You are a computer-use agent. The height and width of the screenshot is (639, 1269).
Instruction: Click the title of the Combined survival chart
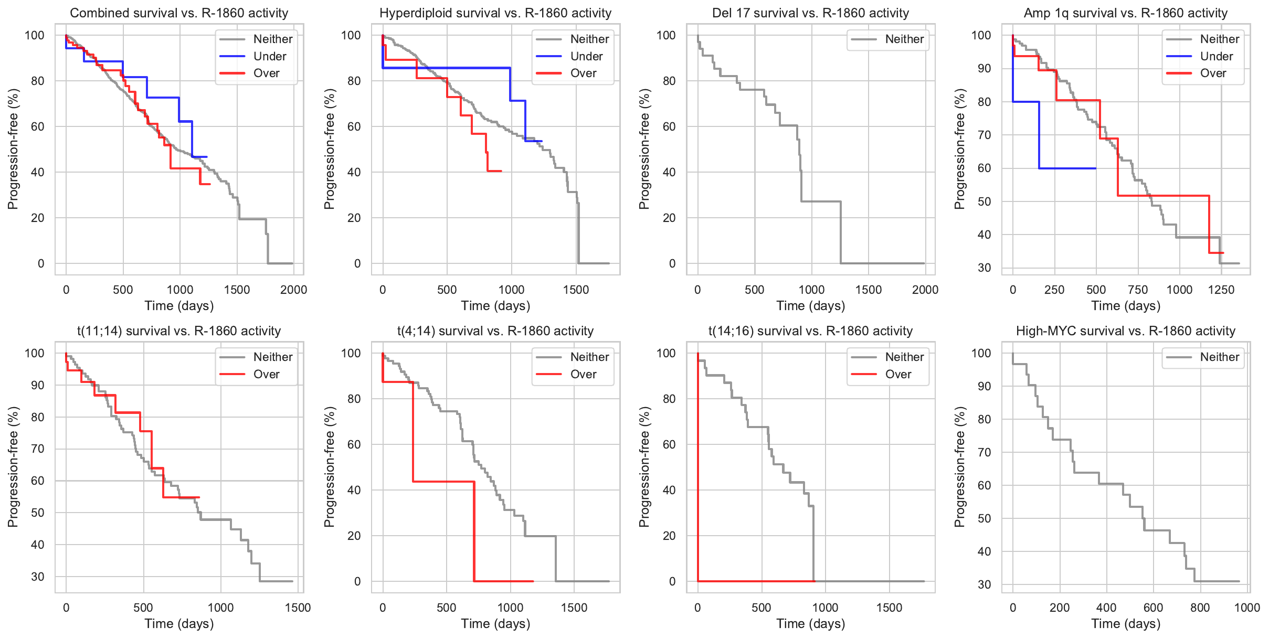click(x=179, y=13)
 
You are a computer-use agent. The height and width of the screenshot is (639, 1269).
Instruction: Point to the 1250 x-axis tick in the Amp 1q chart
click(x=1221, y=290)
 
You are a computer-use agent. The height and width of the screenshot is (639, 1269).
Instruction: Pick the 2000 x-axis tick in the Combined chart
click(x=293, y=290)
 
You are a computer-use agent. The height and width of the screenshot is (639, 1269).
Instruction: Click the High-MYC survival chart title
click(x=1126, y=331)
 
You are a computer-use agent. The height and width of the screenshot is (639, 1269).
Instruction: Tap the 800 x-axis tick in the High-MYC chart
click(x=1200, y=608)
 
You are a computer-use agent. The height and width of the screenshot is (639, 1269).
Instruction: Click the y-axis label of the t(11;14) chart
click(x=13, y=467)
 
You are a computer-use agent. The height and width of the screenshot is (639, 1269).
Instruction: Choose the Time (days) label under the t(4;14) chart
click(x=495, y=624)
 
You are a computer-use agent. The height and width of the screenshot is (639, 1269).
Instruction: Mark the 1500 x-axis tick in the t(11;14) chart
click(x=298, y=608)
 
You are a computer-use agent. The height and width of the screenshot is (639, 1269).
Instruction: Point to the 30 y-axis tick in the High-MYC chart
click(x=985, y=584)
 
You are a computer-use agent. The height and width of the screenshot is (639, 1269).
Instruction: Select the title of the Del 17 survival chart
click(x=810, y=13)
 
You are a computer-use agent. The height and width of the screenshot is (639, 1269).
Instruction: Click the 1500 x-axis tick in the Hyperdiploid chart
click(x=576, y=290)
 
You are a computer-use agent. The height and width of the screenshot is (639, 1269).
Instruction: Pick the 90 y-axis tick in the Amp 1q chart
click(x=985, y=69)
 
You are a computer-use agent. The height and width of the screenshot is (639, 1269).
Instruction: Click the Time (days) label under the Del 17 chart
click(x=811, y=306)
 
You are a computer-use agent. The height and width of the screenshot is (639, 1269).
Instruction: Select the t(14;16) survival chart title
click(x=810, y=331)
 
